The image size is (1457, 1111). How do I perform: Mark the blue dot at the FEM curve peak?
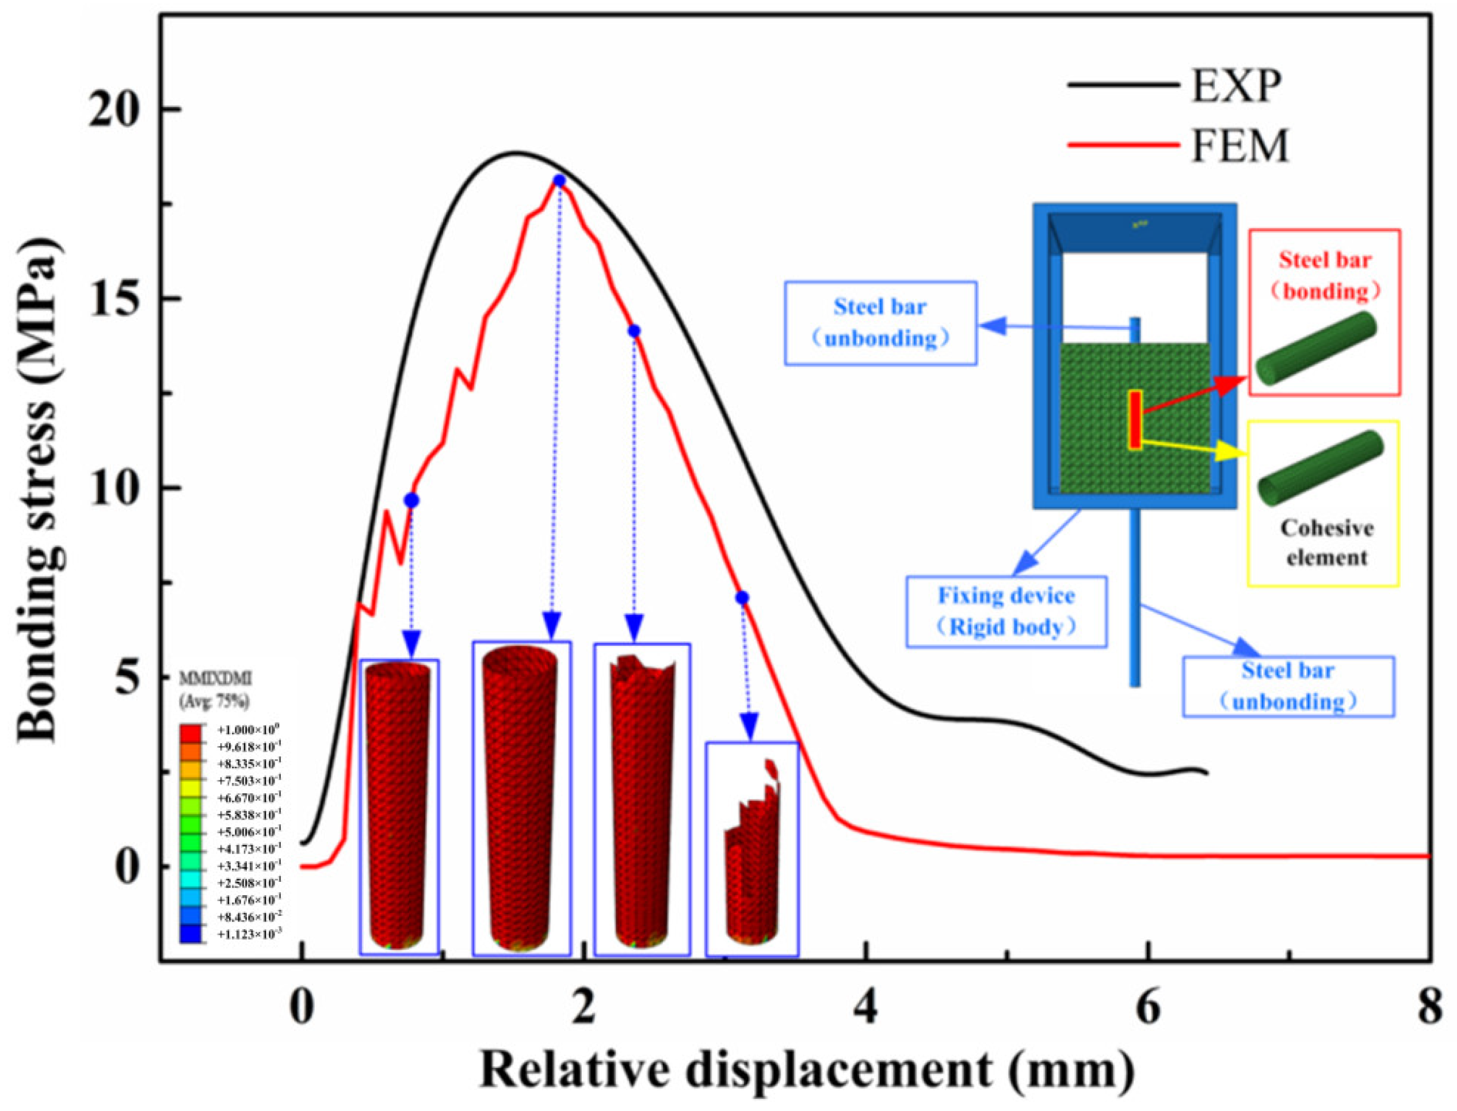point(559,181)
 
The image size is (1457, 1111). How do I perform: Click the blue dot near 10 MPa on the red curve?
point(412,501)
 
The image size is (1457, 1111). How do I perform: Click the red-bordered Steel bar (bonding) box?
point(1324,312)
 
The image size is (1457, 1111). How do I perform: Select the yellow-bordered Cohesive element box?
point(1323,503)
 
